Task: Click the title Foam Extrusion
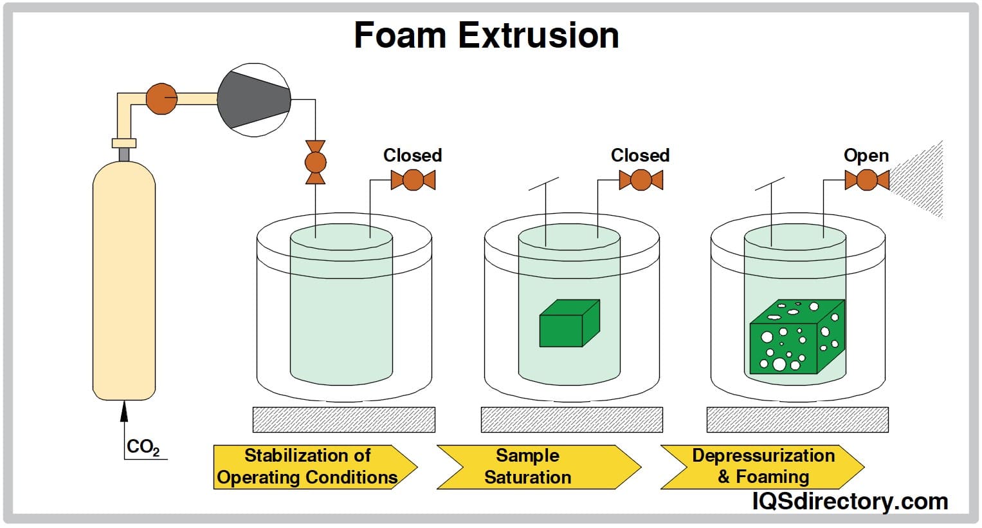(x=486, y=35)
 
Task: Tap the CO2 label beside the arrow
(x=142, y=447)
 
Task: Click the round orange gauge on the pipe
(x=161, y=99)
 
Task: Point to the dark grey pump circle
(x=253, y=100)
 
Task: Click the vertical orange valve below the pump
(x=315, y=162)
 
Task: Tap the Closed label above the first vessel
(x=412, y=155)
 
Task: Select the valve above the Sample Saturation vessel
(x=641, y=180)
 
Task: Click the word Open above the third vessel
(x=866, y=155)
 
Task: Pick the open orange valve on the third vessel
(x=867, y=180)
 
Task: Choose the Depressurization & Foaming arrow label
(x=763, y=467)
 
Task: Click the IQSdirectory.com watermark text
(x=850, y=501)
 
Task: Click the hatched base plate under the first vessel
(x=343, y=419)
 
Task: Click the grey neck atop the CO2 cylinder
(x=123, y=155)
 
